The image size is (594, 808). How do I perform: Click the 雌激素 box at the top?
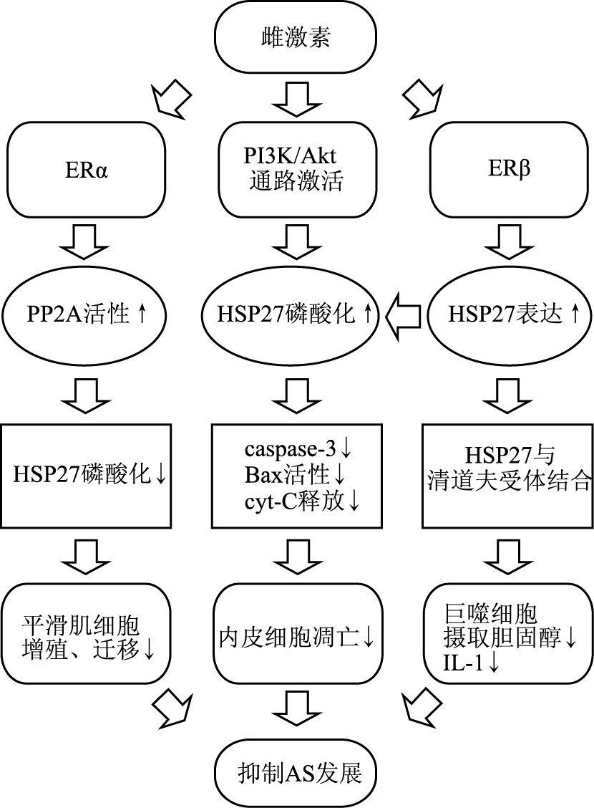click(296, 39)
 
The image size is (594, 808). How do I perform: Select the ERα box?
click(86, 170)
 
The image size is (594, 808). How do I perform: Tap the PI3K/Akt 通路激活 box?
click(296, 170)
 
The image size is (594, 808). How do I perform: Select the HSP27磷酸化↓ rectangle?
click(86, 474)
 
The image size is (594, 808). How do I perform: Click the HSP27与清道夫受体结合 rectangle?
click(508, 474)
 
